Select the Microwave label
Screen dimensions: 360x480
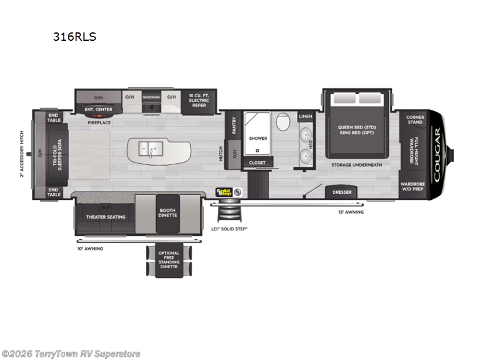click(151, 97)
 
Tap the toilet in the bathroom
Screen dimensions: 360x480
click(283, 122)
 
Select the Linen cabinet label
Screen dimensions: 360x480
click(305, 116)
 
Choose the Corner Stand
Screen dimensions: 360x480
click(415, 119)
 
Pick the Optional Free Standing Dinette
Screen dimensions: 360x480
click(169, 261)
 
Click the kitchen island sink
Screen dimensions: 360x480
click(148, 148)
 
